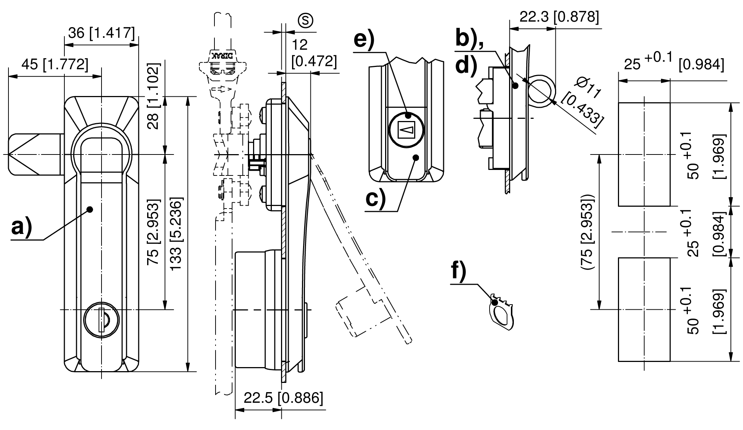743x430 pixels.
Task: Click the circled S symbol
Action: (x=305, y=21)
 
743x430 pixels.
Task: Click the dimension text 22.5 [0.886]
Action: (x=283, y=398)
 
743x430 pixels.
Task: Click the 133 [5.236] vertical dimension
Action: (x=176, y=234)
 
